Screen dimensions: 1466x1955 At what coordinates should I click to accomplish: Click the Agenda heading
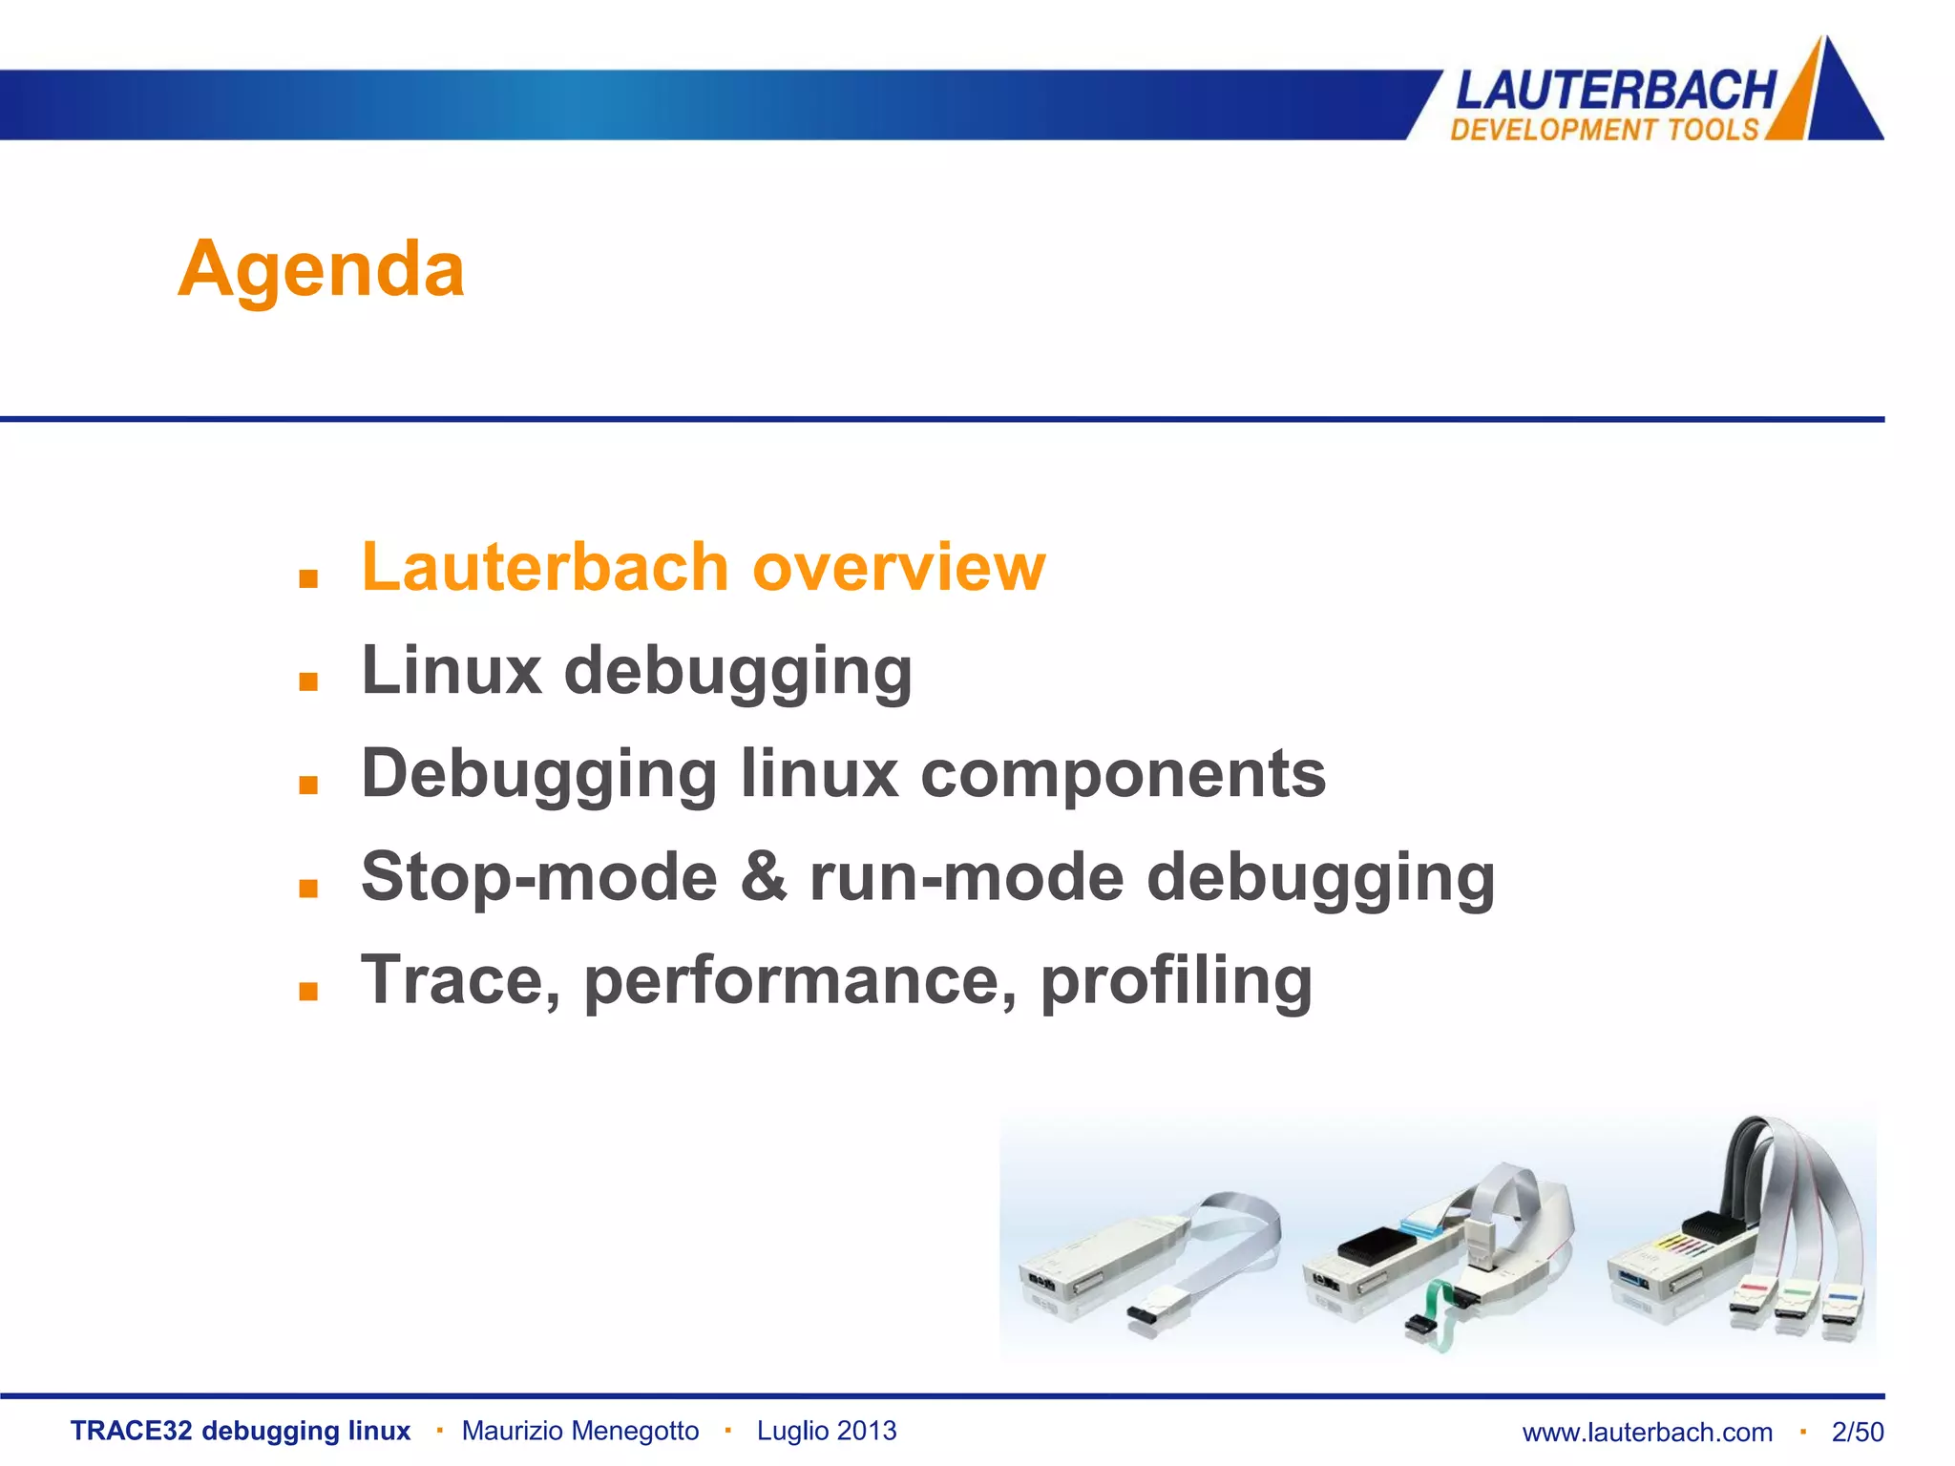point(321,269)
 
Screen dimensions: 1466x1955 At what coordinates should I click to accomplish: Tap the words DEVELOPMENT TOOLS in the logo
point(1604,130)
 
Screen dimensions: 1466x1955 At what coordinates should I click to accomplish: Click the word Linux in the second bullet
point(452,670)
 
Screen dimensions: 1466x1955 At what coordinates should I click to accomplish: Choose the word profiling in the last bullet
point(1176,981)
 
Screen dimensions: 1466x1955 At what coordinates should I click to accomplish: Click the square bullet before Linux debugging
point(307,681)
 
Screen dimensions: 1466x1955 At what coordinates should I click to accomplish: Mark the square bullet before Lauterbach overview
point(307,578)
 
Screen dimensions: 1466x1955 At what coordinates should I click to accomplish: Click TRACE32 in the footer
point(131,1431)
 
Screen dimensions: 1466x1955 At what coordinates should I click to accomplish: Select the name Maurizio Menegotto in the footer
point(580,1431)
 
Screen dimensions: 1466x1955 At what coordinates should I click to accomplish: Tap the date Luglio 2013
point(827,1431)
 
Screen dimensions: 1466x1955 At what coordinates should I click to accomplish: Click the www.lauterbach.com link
point(1647,1433)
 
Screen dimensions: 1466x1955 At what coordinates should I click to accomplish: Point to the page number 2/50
point(1858,1433)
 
